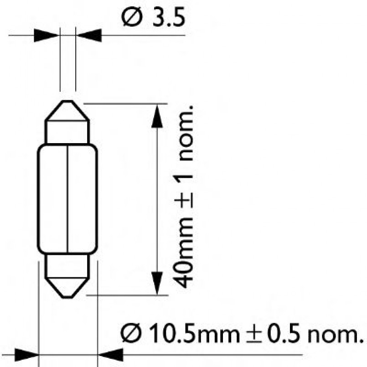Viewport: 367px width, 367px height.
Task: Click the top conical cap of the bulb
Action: tap(67, 111)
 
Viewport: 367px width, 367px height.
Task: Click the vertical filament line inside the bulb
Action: tap(67, 198)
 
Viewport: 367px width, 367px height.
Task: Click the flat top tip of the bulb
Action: tap(67, 102)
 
